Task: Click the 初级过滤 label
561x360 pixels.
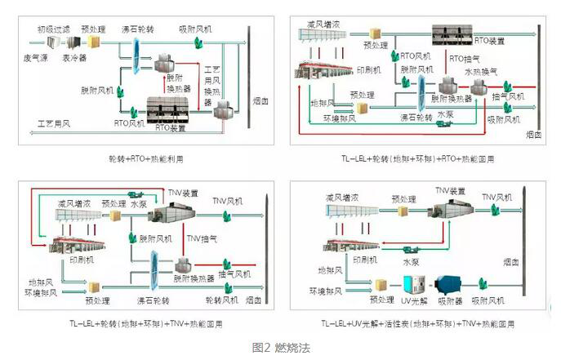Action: coord(55,29)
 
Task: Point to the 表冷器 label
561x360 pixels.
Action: coord(74,59)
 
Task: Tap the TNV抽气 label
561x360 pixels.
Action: coord(203,238)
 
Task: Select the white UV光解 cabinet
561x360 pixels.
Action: coord(414,283)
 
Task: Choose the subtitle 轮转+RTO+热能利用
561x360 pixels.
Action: coord(143,158)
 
